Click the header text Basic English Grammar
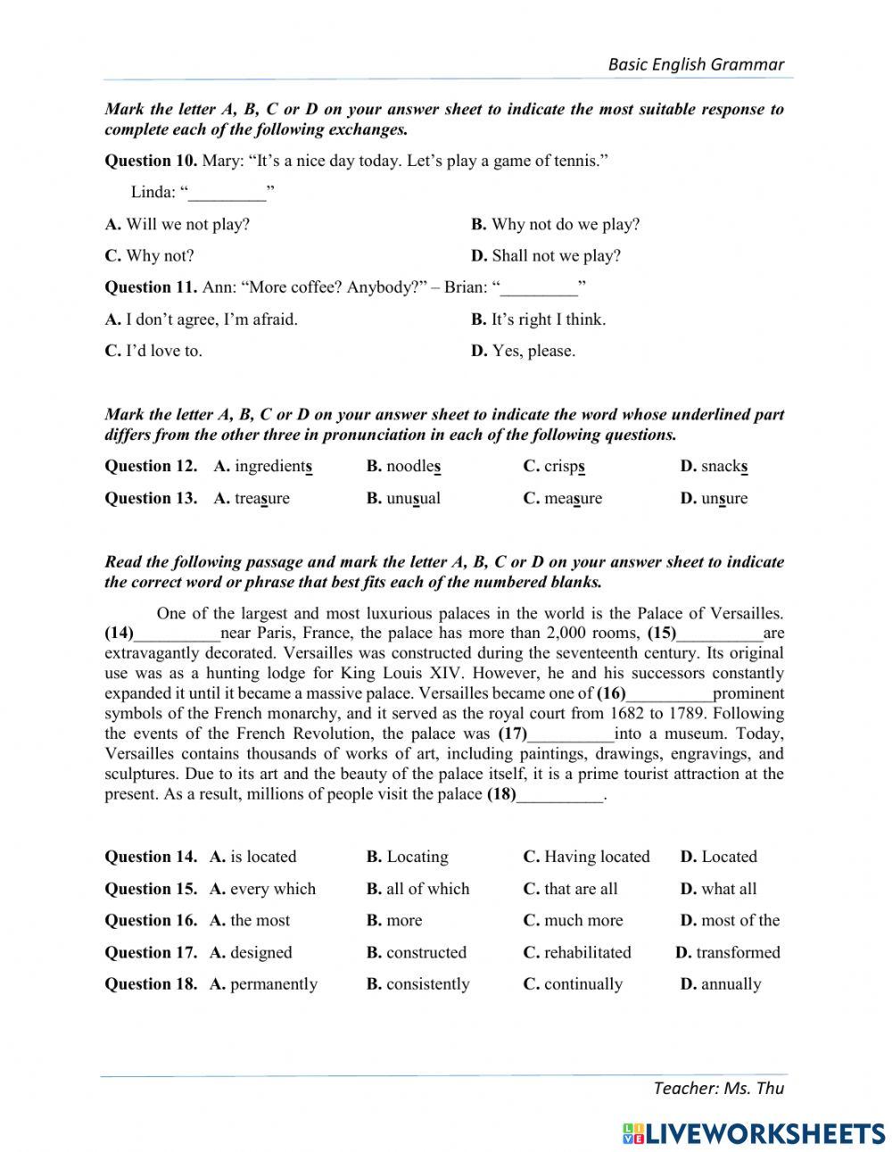coord(696,64)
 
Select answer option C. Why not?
coord(149,256)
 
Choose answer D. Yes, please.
coord(523,351)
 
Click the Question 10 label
coord(150,161)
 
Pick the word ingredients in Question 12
coord(273,467)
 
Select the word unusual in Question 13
coord(413,499)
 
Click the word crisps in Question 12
coord(564,467)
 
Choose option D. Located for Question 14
coord(718,857)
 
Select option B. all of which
coord(417,889)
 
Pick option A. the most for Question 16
coord(250,921)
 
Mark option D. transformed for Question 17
coord(728,953)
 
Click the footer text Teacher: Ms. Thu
coord(718,1087)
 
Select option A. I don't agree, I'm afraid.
coord(202,319)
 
